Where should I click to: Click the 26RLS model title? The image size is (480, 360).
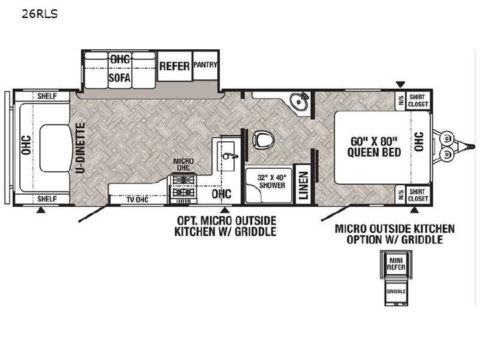point(39,14)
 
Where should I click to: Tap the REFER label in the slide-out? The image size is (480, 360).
point(175,66)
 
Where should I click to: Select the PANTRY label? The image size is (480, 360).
point(205,65)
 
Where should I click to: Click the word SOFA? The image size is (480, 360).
point(119,78)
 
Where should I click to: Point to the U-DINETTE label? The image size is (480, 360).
point(80,148)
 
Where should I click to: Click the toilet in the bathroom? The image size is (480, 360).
point(263,139)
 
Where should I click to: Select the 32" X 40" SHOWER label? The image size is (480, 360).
point(272,181)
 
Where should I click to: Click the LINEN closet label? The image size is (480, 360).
point(303,185)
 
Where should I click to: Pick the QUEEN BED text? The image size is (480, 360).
point(374,152)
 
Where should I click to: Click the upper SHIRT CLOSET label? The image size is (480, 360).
point(418,101)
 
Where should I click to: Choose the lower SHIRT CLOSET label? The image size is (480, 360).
point(418,195)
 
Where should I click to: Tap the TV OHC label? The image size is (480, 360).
point(137,200)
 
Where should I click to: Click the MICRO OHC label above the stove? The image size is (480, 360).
point(183,165)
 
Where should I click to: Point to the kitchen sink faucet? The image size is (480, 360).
point(230,156)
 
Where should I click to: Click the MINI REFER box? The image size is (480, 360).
point(396,263)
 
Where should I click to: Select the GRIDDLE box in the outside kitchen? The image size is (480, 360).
point(396,291)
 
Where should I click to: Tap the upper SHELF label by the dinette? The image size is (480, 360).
point(47,96)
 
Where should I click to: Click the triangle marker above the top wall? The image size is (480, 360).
point(401,84)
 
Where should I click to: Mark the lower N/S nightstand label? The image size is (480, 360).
point(401,195)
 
